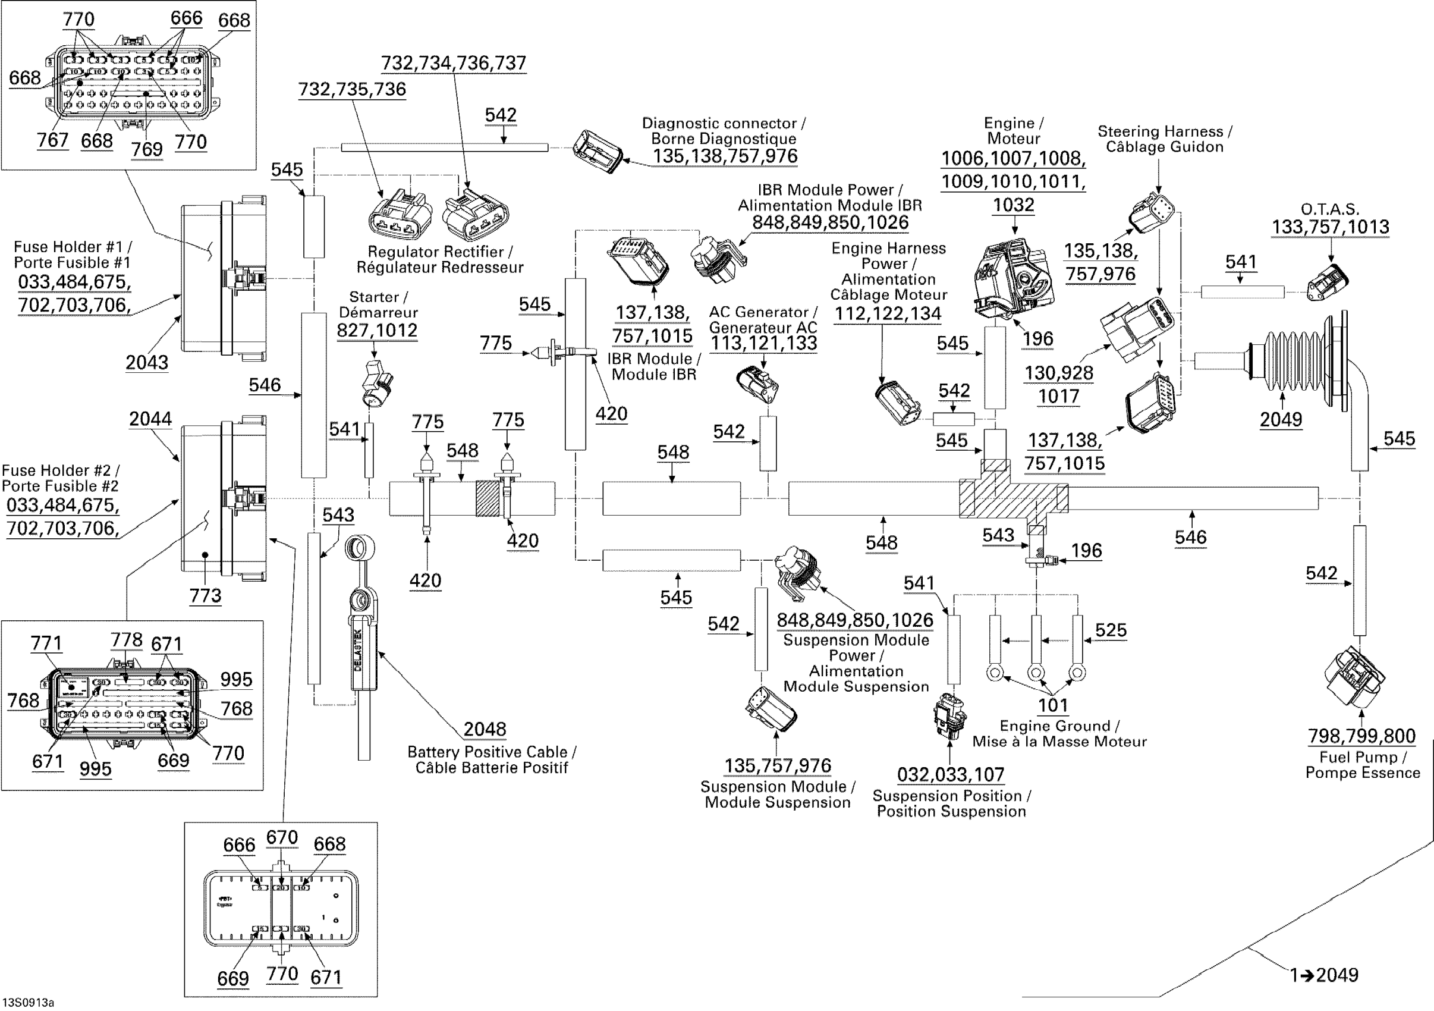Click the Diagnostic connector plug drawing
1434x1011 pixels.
tap(597, 150)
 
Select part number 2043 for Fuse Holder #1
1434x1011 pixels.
tap(147, 362)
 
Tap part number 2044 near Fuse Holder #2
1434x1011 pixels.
tap(150, 419)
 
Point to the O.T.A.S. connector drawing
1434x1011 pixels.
tap(1328, 282)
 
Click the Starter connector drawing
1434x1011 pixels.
tap(376, 383)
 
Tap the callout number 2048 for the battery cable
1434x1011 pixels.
tap(485, 729)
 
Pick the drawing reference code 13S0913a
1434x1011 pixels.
tap(28, 1003)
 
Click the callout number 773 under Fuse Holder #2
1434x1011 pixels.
tap(206, 595)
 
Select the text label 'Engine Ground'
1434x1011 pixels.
tap(1055, 726)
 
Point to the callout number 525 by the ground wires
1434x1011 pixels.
tap(1111, 630)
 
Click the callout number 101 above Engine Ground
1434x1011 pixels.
tap(1053, 705)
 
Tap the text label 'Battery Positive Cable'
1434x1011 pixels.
tap(487, 752)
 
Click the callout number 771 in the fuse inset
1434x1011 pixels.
tap(46, 643)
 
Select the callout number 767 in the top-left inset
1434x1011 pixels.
tap(52, 140)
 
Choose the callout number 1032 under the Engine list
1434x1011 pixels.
tap(1014, 205)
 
